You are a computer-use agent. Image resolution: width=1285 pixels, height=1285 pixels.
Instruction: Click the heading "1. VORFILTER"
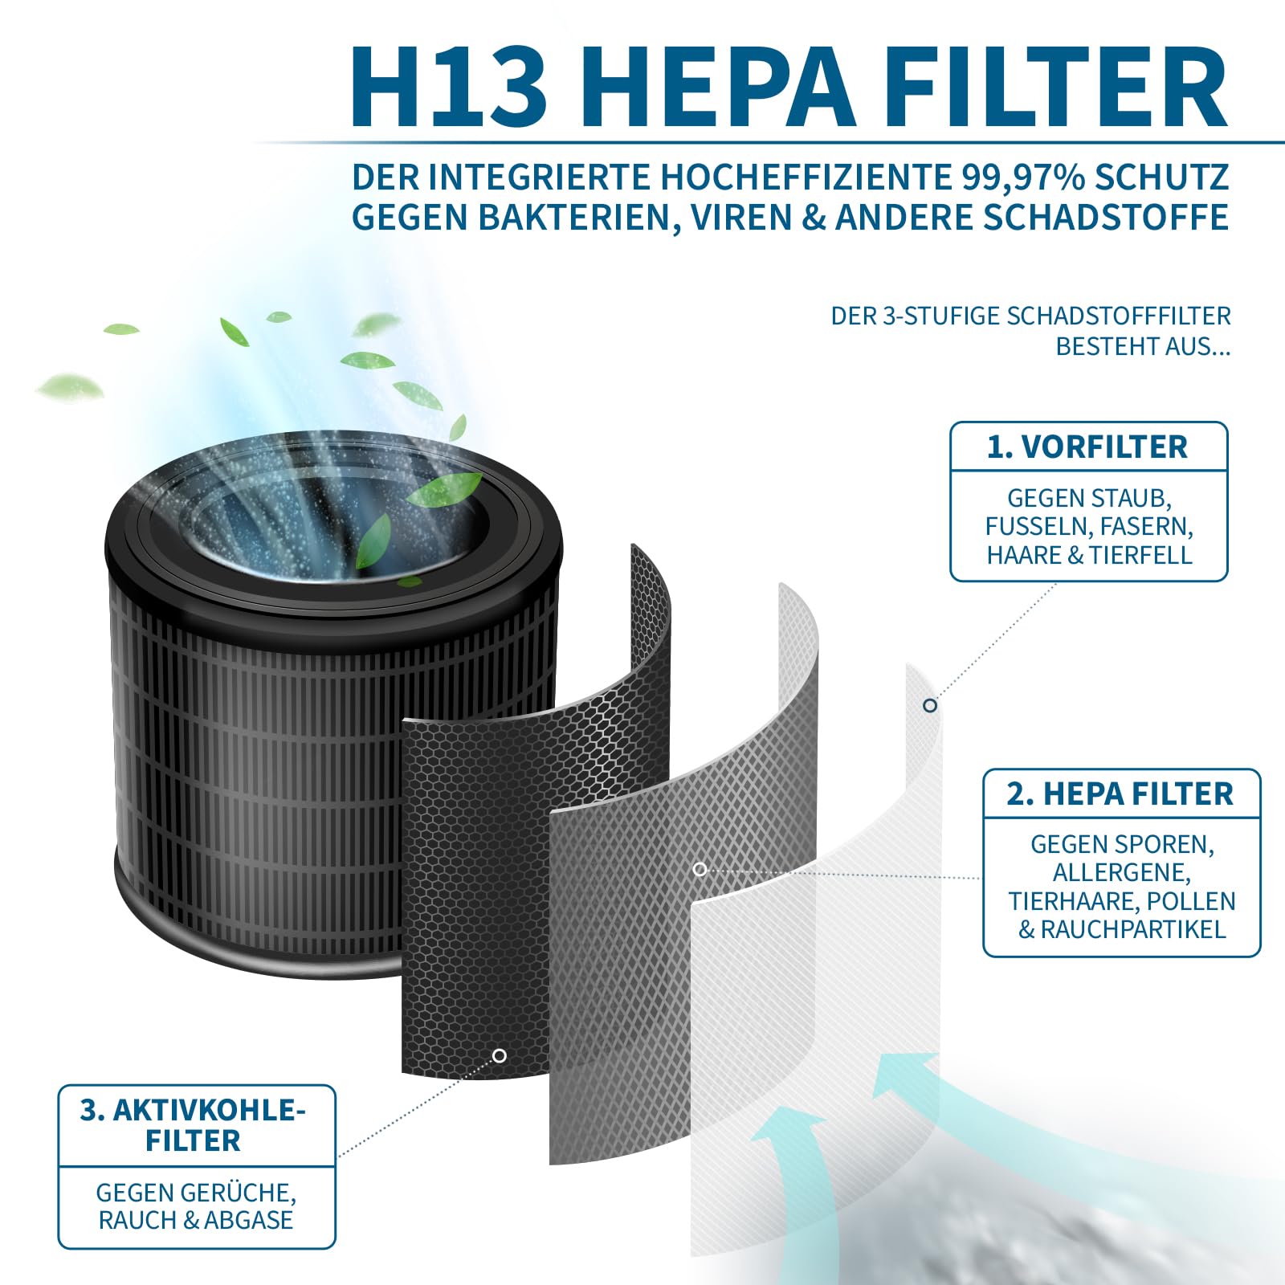(x=1087, y=447)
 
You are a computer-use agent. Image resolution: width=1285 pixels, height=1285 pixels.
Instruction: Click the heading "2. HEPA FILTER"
(x=1120, y=793)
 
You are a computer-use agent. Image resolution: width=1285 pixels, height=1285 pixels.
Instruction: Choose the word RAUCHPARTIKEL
(x=1133, y=930)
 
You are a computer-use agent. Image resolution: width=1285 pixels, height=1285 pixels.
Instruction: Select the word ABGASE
(x=248, y=1220)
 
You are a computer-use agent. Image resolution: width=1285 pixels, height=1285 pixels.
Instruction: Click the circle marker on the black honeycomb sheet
(x=500, y=1055)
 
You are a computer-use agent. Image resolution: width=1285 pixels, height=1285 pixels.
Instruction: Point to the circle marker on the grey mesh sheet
(x=700, y=869)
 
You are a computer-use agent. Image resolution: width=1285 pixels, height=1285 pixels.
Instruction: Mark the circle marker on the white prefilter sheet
(x=930, y=705)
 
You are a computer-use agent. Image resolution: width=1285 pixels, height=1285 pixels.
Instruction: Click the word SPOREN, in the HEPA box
(x=1166, y=845)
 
